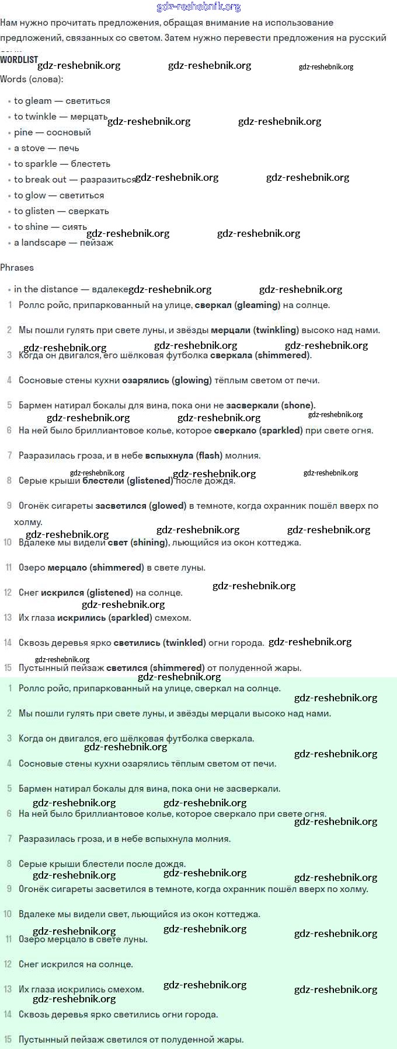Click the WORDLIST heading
click(x=19, y=60)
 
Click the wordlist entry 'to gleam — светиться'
click(x=62, y=101)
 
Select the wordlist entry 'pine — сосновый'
click(x=53, y=132)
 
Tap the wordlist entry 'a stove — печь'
click(x=47, y=148)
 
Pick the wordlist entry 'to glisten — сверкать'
click(x=61, y=211)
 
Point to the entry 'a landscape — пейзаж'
click(x=64, y=243)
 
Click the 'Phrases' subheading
click(x=17, y=268)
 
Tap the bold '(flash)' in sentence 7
click(x=209, y=456)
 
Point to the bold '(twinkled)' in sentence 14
click(x=184, y=643)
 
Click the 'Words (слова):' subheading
click(x=32, y=79)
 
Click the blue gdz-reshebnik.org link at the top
click(x=198, y=7)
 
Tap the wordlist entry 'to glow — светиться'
click(x=59, y=195)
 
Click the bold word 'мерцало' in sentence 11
click(x=67, y=568)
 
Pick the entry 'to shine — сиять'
click(x=50, y=227)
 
